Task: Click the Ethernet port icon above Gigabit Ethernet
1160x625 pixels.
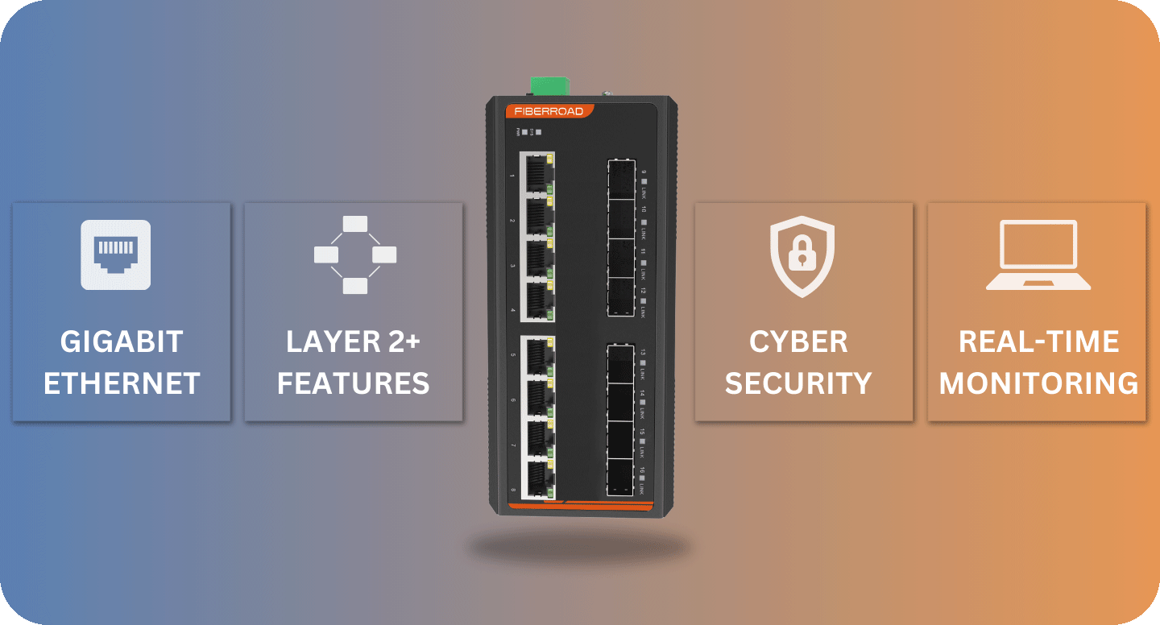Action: point(115,255)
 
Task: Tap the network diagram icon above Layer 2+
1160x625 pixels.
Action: point(354,255)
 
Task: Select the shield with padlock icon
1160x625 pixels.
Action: point(802,256)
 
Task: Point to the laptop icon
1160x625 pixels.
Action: point(1038,255)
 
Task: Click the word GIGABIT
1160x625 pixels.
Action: point(122,341)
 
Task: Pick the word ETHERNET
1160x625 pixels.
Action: point(122,383)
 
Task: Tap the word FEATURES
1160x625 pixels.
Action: point(354,383)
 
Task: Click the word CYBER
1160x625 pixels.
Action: point(798,341)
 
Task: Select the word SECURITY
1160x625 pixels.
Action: point(798,383)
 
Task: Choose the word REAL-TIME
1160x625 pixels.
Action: point(1038,341)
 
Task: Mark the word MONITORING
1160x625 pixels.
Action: point(1038,383)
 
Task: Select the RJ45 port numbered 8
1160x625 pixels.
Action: point(536,478)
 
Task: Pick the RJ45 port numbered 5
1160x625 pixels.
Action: point(536,356)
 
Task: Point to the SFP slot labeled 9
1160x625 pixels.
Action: point(621,179)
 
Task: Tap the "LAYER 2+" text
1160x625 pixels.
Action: point(354,341)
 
